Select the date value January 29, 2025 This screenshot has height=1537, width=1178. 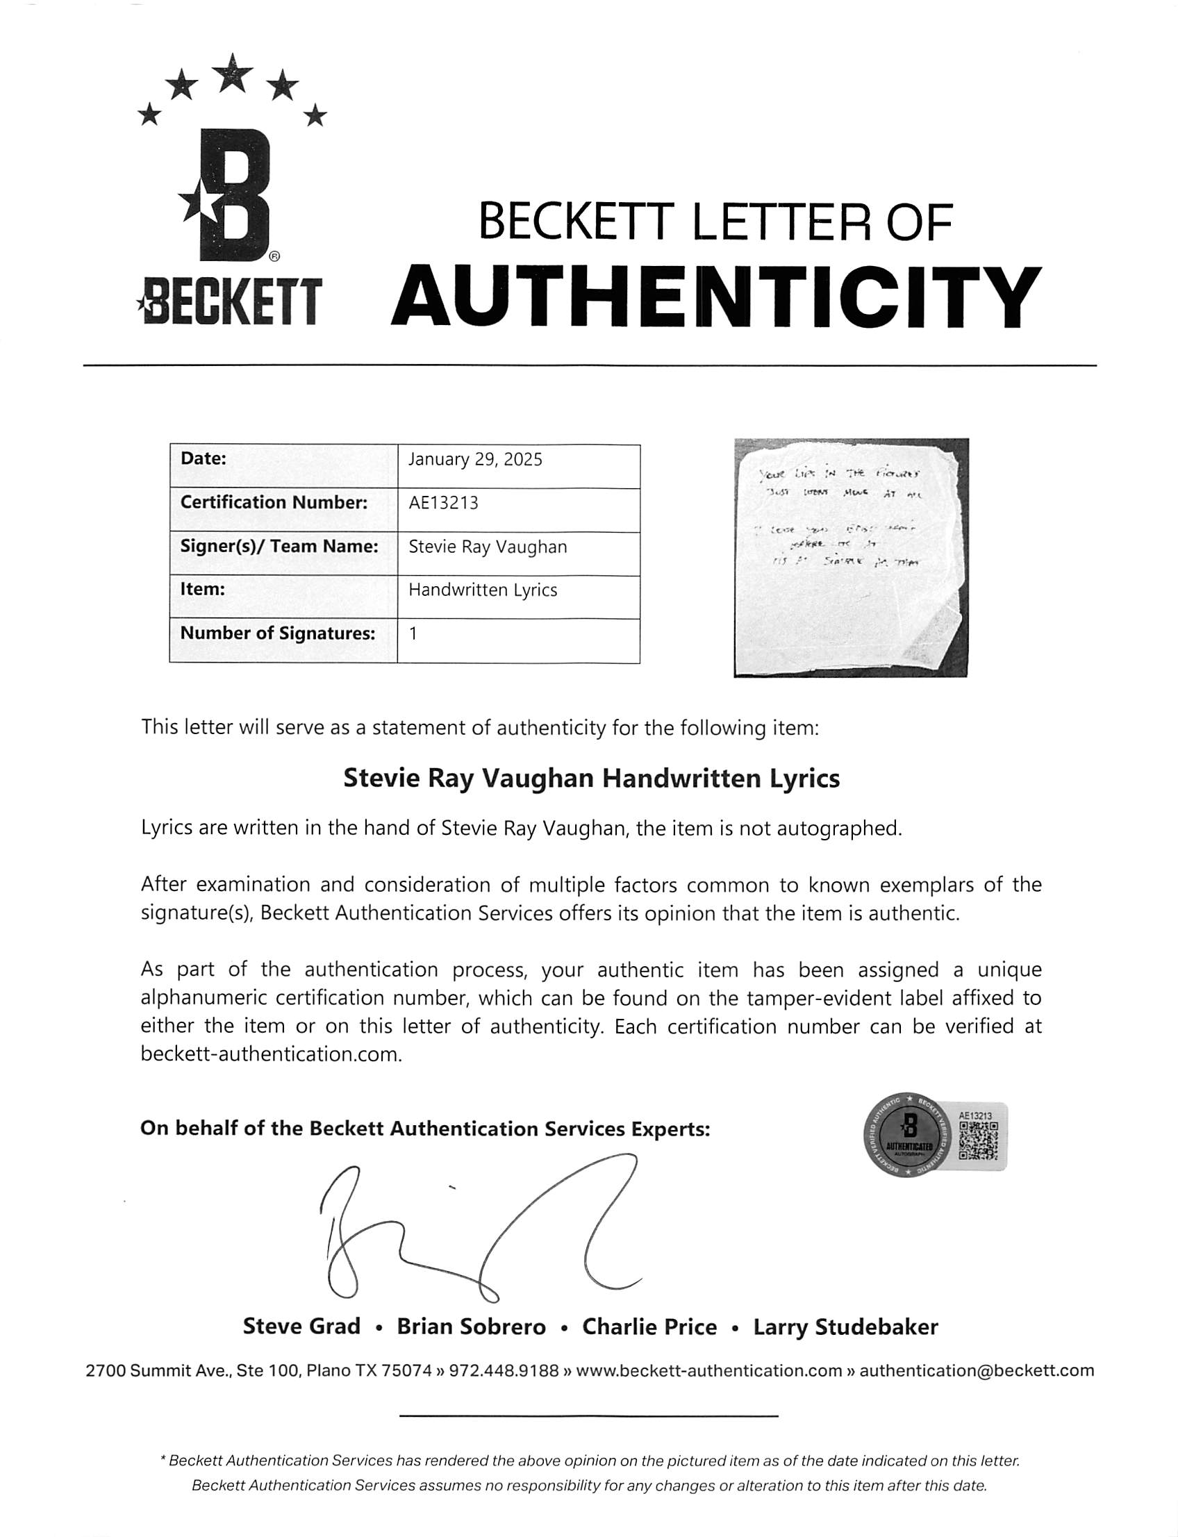[x=474, y=460]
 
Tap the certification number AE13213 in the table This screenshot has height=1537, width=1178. [x=443, y=503]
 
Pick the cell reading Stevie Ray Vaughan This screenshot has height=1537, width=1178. [x=488, y=547]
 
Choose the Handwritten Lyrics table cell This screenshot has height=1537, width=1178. [x=483, y=590]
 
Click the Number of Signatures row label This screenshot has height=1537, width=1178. [x=278, y=634]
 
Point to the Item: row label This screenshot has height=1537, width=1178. [x=203, y=590]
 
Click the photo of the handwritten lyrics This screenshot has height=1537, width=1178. [x=851, y=558]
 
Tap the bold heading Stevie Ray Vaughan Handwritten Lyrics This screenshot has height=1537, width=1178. [x=591, y=779]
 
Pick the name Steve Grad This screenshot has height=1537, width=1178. [x=301, y=1327]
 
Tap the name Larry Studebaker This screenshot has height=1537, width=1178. [x=845, y=1327]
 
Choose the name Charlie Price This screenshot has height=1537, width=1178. [x=649, y=1327]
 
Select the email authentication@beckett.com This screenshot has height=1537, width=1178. [x=976, y=1371]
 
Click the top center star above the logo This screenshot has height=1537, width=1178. [x=232, y=72]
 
